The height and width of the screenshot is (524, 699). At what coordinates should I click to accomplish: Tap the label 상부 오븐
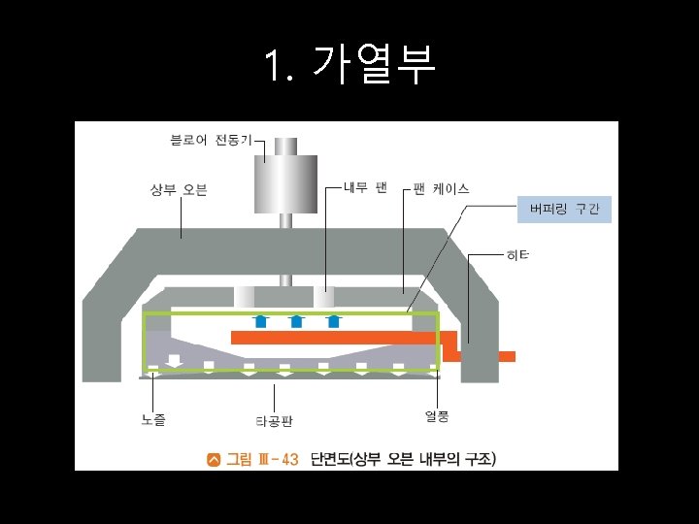179,189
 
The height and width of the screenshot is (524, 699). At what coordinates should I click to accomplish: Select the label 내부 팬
366,186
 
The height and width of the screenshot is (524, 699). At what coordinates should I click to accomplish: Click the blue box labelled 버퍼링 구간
564,209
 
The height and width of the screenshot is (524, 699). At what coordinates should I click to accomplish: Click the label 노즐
153,419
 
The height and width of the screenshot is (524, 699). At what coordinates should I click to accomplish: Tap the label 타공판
274,421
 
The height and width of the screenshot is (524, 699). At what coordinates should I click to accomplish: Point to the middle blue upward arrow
296,321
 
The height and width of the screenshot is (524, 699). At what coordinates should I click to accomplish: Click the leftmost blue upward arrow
259,321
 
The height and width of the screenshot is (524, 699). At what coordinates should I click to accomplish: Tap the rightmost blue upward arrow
333,321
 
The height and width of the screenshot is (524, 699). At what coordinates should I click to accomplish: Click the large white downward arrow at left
174,361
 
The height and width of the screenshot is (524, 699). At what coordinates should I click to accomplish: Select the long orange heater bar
335,338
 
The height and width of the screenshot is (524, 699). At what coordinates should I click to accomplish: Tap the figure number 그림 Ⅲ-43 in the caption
262,459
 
